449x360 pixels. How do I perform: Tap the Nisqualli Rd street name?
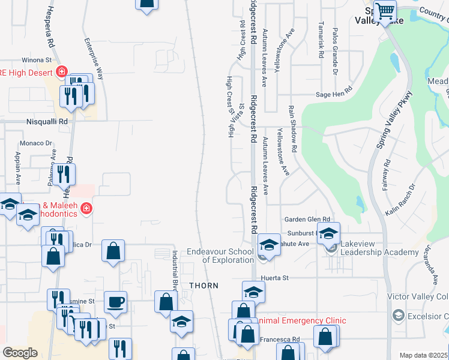point(47,121)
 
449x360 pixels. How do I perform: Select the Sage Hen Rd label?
point(334,94)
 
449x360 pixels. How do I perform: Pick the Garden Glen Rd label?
point(307,220)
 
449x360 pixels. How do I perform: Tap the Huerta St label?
point(275,278)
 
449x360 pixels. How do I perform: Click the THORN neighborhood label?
point(204,286)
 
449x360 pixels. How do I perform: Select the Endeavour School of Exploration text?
point(220,256)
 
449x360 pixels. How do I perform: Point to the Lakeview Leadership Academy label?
point(378,248)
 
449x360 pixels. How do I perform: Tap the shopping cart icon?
point(384,10)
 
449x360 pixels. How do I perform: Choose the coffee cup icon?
point(115,301)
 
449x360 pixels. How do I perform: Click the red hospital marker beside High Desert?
point(61,73)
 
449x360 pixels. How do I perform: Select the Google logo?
point(20,353)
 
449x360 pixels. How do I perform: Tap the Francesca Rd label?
point(279,339)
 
